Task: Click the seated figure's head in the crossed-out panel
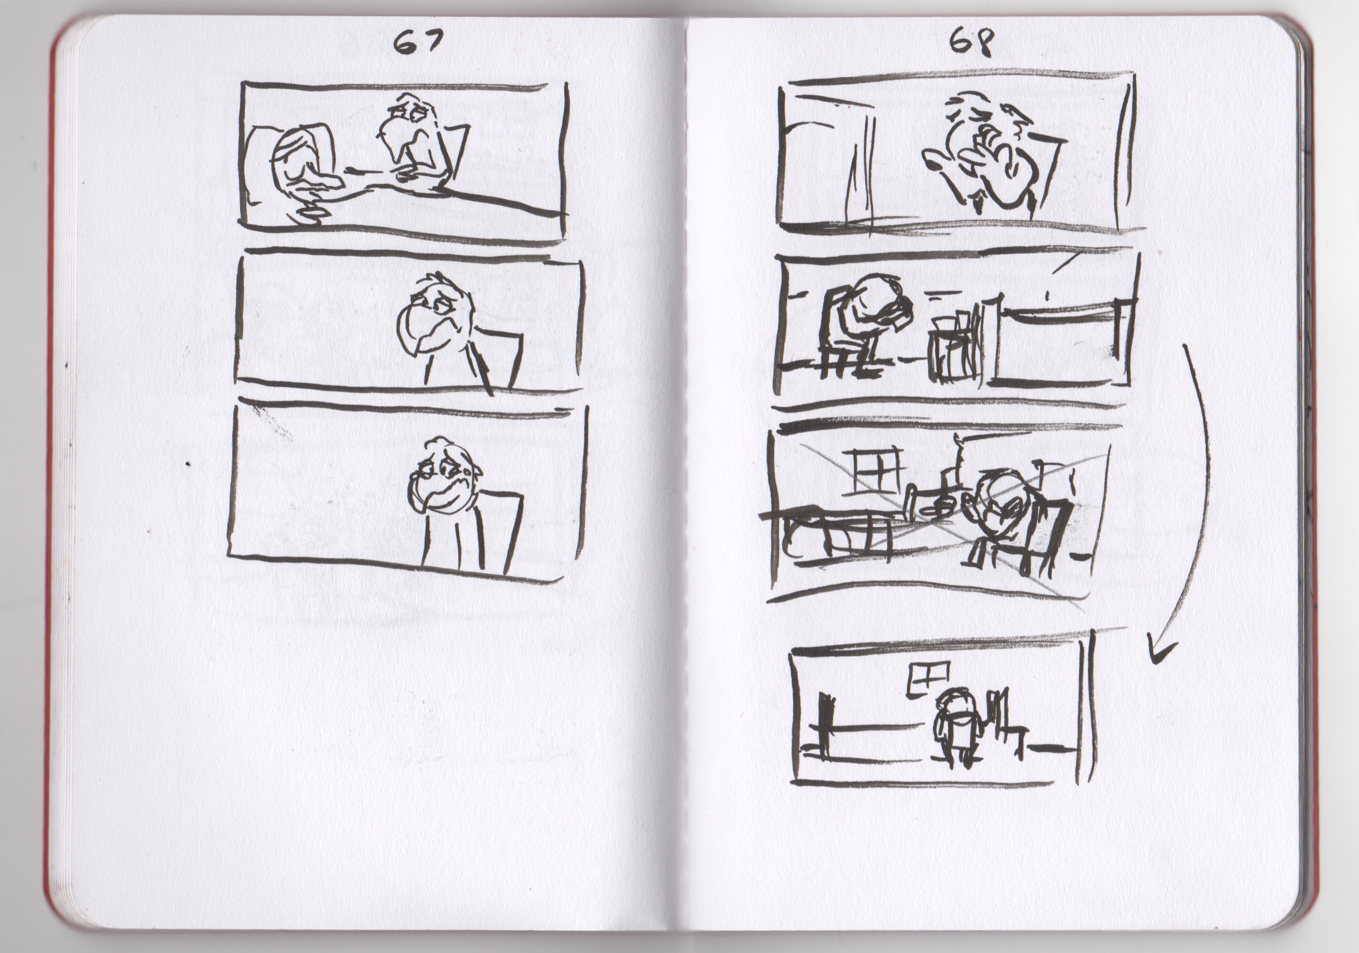pos(1000,497)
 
